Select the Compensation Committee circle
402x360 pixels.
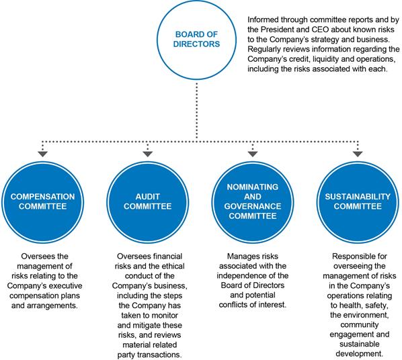tap(42, 202)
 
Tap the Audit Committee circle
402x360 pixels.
tap(148, 202)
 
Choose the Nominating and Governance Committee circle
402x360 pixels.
tap(253, 202)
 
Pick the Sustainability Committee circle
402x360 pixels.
tap(358, 202)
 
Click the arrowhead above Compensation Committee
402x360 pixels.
tap(42, 154)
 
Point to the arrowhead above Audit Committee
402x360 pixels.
tap(148, 154)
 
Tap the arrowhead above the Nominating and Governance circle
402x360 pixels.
tap(253, 154)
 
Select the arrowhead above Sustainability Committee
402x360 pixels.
tap(358, 154)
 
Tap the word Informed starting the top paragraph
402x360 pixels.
tap(263, 19)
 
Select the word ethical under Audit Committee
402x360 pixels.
tap(171, 266)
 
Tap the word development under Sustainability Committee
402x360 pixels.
tap(359, 354)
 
